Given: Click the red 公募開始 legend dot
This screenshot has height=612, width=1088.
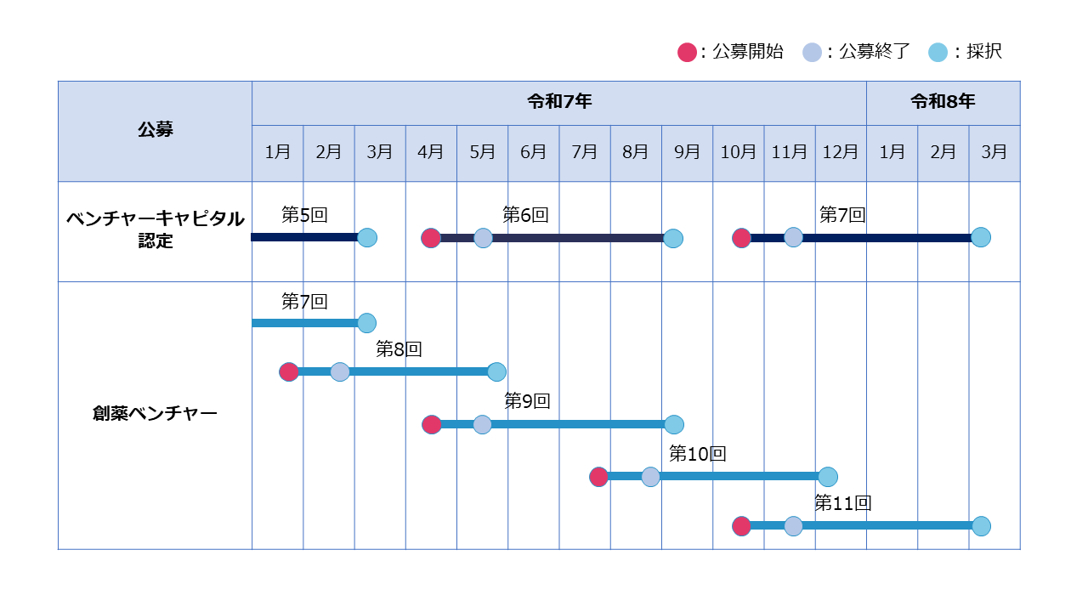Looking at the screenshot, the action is [687, 52].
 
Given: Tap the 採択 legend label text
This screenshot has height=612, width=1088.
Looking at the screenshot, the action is [984, 52].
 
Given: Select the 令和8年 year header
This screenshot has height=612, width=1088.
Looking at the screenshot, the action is [943, 101].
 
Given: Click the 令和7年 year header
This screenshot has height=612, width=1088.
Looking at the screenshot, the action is [559, 101].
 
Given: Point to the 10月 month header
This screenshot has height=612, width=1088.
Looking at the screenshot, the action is [738, 152].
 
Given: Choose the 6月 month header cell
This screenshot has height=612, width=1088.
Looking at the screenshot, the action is [533, 152].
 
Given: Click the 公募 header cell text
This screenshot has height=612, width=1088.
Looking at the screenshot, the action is [156, 130].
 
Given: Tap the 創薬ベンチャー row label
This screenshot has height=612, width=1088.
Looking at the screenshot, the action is [155, 413].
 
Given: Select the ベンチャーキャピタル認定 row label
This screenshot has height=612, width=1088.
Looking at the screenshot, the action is [155, 229].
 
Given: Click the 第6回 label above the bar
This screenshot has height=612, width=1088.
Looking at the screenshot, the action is [525, 215].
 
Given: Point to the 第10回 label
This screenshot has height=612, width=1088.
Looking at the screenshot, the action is [698, 454].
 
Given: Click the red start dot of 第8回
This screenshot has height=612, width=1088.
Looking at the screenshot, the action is [288, 372].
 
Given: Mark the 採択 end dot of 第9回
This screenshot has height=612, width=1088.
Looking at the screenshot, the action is [674, 424].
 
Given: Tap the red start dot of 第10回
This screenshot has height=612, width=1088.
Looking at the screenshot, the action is [598, 477].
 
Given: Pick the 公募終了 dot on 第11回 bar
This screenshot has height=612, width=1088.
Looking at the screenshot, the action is [793, 526].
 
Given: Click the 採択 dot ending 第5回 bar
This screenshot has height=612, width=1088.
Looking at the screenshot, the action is [367, 237].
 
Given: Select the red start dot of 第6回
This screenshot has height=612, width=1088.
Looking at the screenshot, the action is [431, 238].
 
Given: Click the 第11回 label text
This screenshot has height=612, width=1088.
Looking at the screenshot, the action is [843, 503].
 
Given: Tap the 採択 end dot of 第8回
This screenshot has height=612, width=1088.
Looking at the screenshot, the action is [496, 372].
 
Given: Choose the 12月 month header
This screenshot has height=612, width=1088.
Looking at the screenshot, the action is [841, 152].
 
